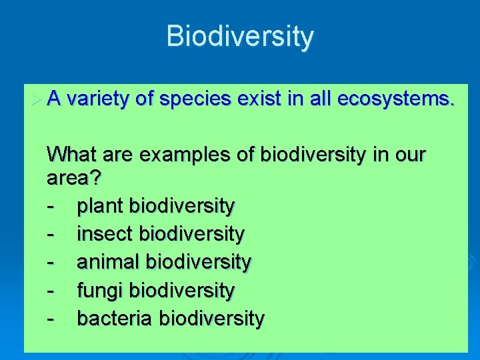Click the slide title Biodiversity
pyautogui.click(x=239, y=36)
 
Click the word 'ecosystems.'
pyautogui.click(x=397, y=99)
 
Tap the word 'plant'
pyautogui.click(x=101, y=206)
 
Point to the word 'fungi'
pyautogui.click(x=101, y=291)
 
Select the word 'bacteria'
pyautogui.click(x=115, y=319)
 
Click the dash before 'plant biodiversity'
pyautogui.click(x=51, y=207)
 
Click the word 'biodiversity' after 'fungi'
pyautogui.click(x=182, y=291)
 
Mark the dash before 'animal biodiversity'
pyautogui.click(x=51, y=263)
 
